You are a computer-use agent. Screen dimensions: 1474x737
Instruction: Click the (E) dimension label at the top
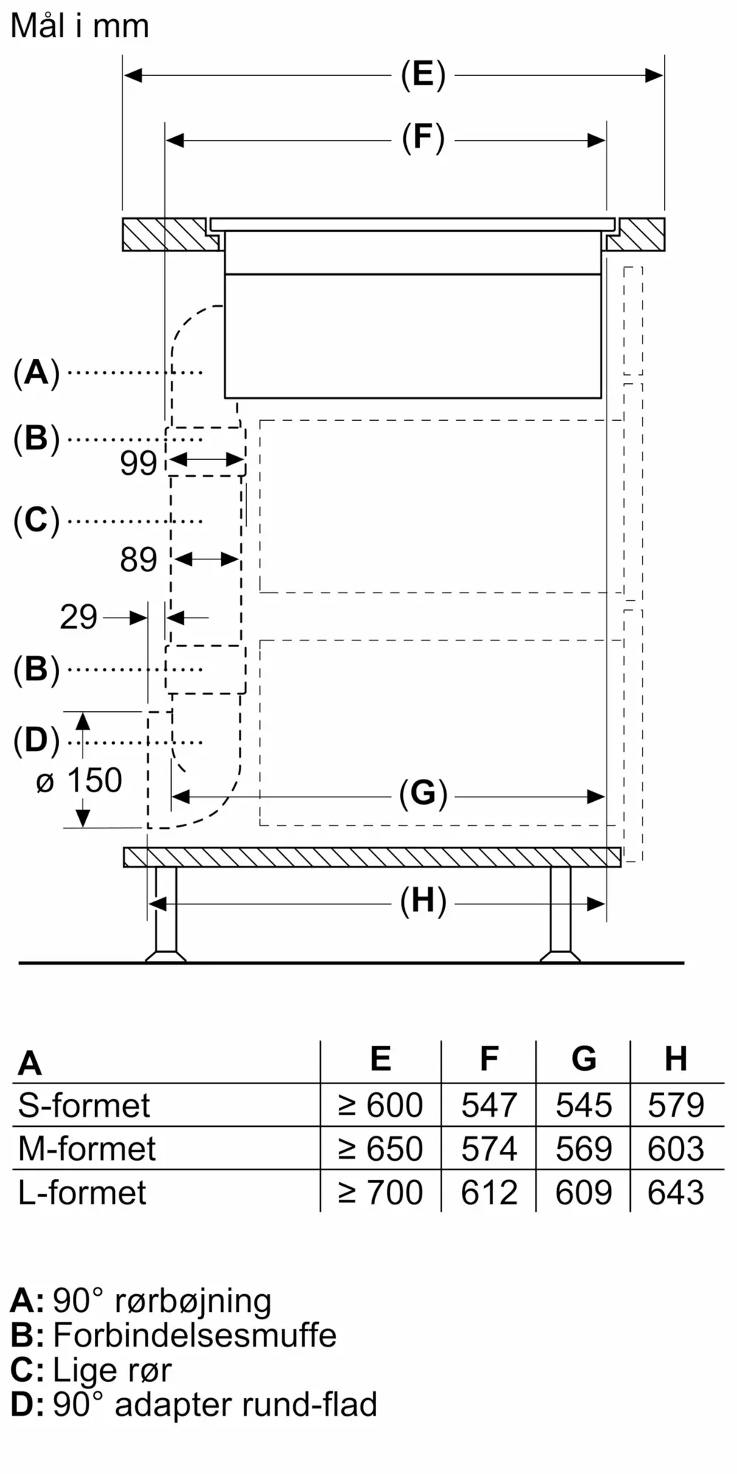pyautogui.click(x=423, y=75)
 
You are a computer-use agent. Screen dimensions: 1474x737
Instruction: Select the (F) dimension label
pyautogui.click(x=423, y=139)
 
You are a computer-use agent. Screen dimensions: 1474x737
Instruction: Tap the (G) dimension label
pyautogui.click(x=423, y=794)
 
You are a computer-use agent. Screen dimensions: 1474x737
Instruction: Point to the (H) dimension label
pyautogui.click(x=423, y=901)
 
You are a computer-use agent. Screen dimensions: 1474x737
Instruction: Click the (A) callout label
pyautogui.click(x=36, y=373)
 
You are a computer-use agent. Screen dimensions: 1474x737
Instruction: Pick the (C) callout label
pyautogui.click(x=36, y=520)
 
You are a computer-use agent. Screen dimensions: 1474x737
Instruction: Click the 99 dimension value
pyautogui.click(x=139, y=463)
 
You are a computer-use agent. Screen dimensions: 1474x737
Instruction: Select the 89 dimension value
pyautogui.click(x=139, y=560)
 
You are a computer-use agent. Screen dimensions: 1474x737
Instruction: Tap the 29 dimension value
pyautogui.click(x=78, y=618)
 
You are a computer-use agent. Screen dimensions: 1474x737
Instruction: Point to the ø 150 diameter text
pyautogui.click(x=79, y=781)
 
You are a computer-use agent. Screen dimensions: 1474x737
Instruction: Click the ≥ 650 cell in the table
pyautogui.click(x=380, y=1149)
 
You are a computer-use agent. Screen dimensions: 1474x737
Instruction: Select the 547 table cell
pyautogui.click(x=489, y=1105)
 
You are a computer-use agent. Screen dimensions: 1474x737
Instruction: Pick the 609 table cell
pyautogui.click(x=583, y=1192)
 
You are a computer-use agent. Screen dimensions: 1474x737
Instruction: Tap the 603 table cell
pyautogui.click(x=676, y=1149)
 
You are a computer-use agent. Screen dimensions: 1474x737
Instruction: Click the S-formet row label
pyautogui.click(x=84, y=1105)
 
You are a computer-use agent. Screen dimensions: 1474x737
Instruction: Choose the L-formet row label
pyautogui.click(x=83, y=1192)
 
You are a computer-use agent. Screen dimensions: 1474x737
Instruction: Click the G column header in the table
pyautogui.click(x=584, y=1059)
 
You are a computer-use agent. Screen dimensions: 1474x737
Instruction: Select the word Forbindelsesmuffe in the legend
pyautogui.click(x=195, y=1335)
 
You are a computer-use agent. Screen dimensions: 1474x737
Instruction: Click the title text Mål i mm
pyautogui.click(x=80, y=27)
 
